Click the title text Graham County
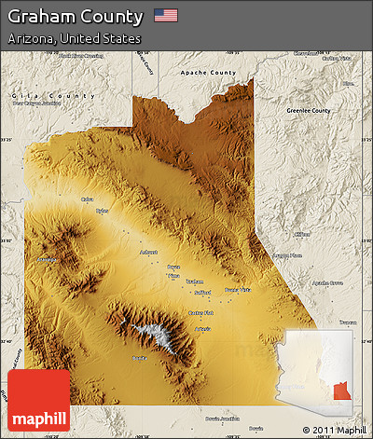click(x=76, y=17)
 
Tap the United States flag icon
click(x=165, y=16)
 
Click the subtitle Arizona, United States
click(x=74, y=39)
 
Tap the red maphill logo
click(x=38, y=400)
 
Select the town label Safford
click(x=203, y=292)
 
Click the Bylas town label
click(x=102, y=211)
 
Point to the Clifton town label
click(x=301, y=234)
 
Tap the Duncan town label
click(x=348, y=322)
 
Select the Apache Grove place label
click(x=327, y=281)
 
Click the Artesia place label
click(x=202, y=328)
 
